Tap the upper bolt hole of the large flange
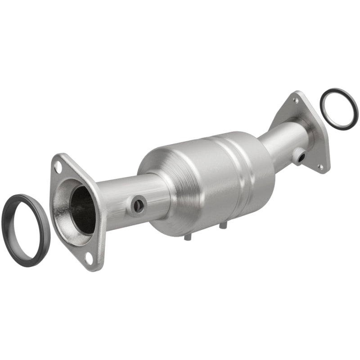tap(58, 166)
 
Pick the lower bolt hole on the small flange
tap(321, 166)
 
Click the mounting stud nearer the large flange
tap(186, 237)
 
